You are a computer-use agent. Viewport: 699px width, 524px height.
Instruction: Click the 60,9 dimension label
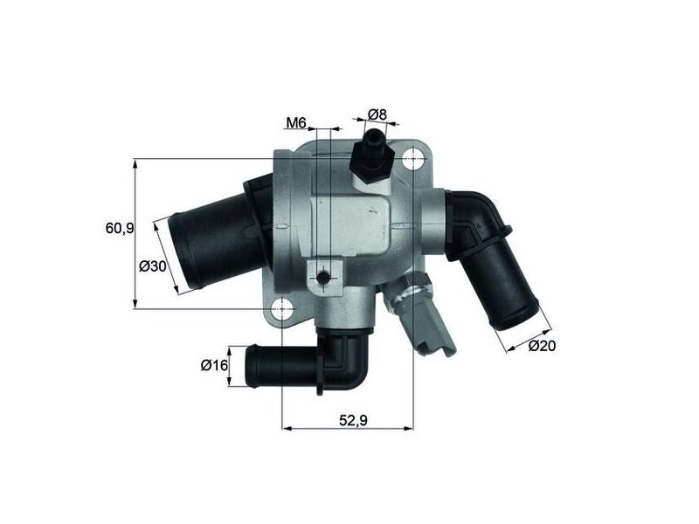coord(120,228)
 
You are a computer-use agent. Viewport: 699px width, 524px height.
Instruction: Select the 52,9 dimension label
coord(353,420)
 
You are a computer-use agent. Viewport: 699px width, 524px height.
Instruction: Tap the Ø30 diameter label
coord(152,266)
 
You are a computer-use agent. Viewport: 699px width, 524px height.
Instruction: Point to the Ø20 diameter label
coord(542,345)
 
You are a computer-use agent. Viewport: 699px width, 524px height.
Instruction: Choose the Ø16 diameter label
coord(214,365)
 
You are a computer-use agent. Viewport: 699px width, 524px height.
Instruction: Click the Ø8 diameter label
coord(377,114)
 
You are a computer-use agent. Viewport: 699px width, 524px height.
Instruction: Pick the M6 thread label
coord(296,122)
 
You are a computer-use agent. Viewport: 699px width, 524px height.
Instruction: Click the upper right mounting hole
coord(413,159)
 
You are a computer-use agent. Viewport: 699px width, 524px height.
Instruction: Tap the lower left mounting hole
coord(282,308)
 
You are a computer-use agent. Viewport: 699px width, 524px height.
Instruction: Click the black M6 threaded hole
coord(323,278)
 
